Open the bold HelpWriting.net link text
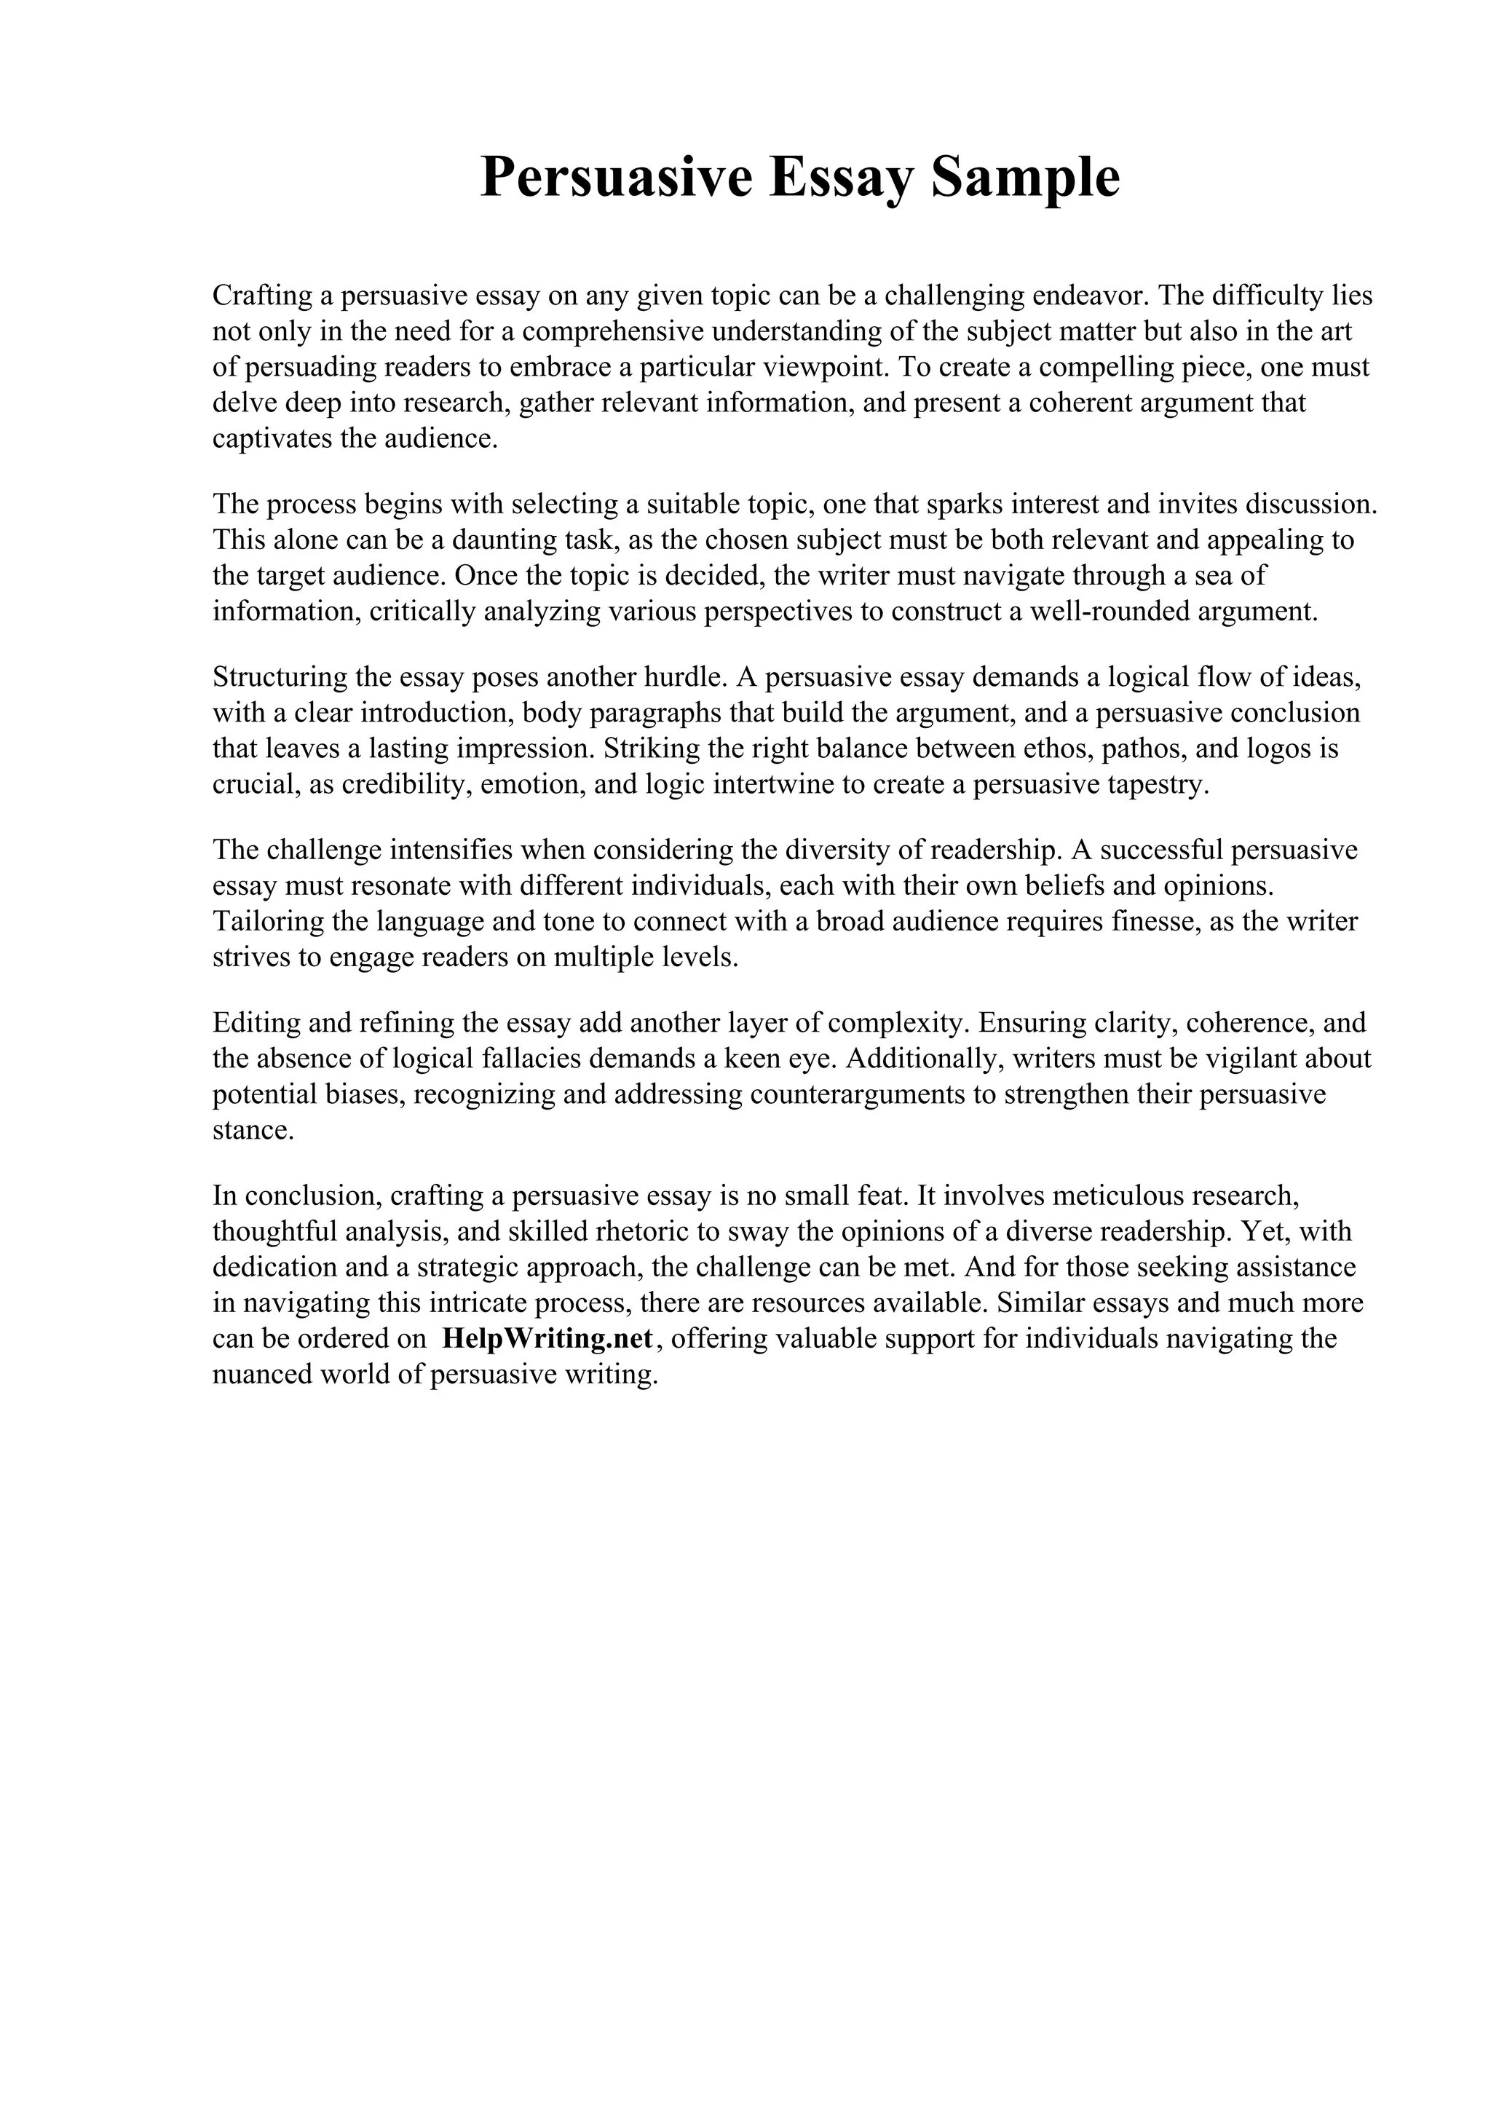click(547, 1338)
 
